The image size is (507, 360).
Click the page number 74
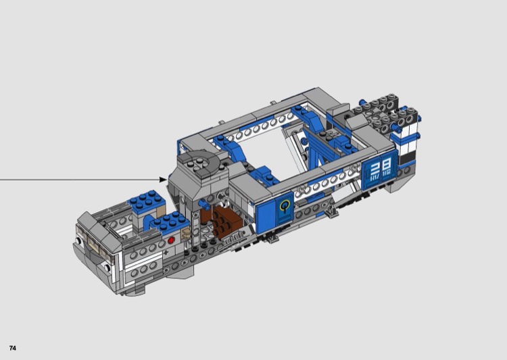point(13,348)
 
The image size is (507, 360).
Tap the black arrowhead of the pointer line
point(164,180)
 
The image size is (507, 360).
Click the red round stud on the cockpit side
point(171,240)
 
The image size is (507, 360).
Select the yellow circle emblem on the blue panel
point(285,205)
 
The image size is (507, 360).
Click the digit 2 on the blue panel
point(375,168)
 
